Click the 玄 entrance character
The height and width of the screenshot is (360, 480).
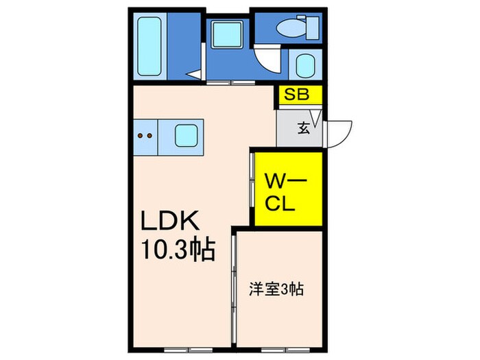pos(302,128)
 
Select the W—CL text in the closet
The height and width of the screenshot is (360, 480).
pos(287,191)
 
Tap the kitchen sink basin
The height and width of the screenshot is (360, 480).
pos(187,136)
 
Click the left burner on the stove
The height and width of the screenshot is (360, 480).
pos(141,136)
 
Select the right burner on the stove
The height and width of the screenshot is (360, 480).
pos(149,136)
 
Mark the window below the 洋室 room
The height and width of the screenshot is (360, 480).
pos(280,349)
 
